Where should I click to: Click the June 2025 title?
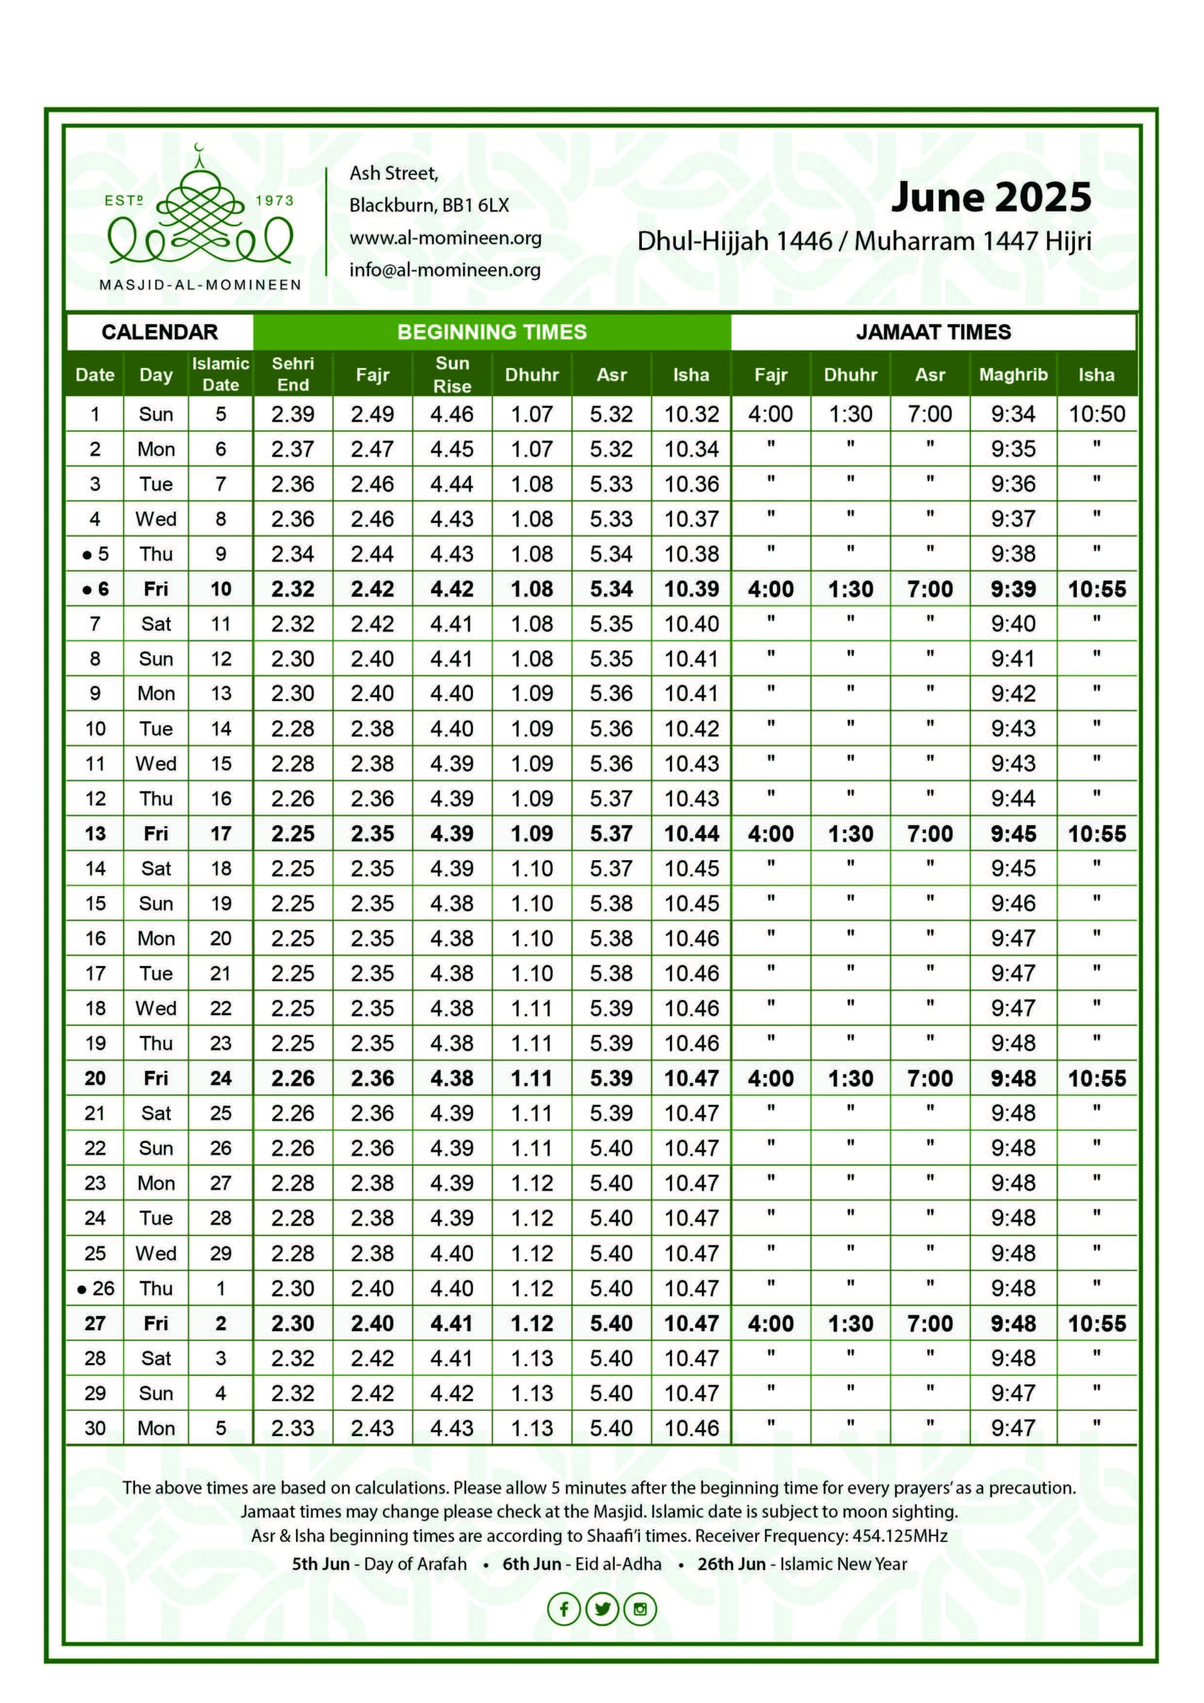(990, 198)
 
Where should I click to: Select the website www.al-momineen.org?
(445, 238)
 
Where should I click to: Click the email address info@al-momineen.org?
(444, 270)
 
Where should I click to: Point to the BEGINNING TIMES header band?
(492, 333)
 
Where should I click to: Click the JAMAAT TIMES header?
(933, 333)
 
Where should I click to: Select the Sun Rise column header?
(452, 375)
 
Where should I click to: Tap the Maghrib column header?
(1012, 375)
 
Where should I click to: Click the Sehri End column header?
(293, 375)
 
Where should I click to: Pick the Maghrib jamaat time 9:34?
(1012, 414)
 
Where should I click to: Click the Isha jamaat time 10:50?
(1096, 414)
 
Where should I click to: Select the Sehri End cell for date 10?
(293, 728)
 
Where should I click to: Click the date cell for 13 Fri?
(95, 834)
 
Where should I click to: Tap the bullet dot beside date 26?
(82, 1289)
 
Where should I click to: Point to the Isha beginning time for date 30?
(691, 1428)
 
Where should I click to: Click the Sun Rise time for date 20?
(452, 1078)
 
